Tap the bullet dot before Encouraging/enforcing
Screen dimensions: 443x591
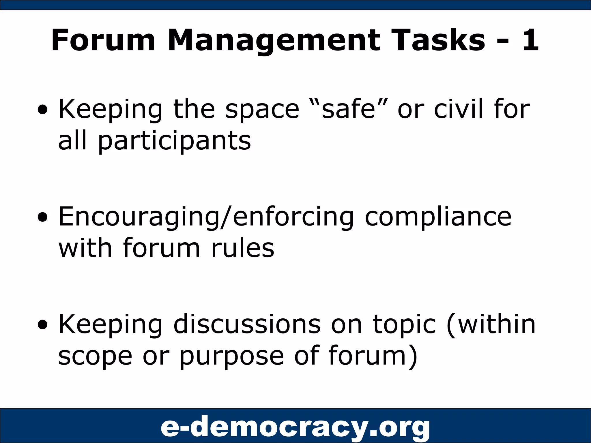point(43,217)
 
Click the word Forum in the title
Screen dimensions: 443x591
point(103,40)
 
